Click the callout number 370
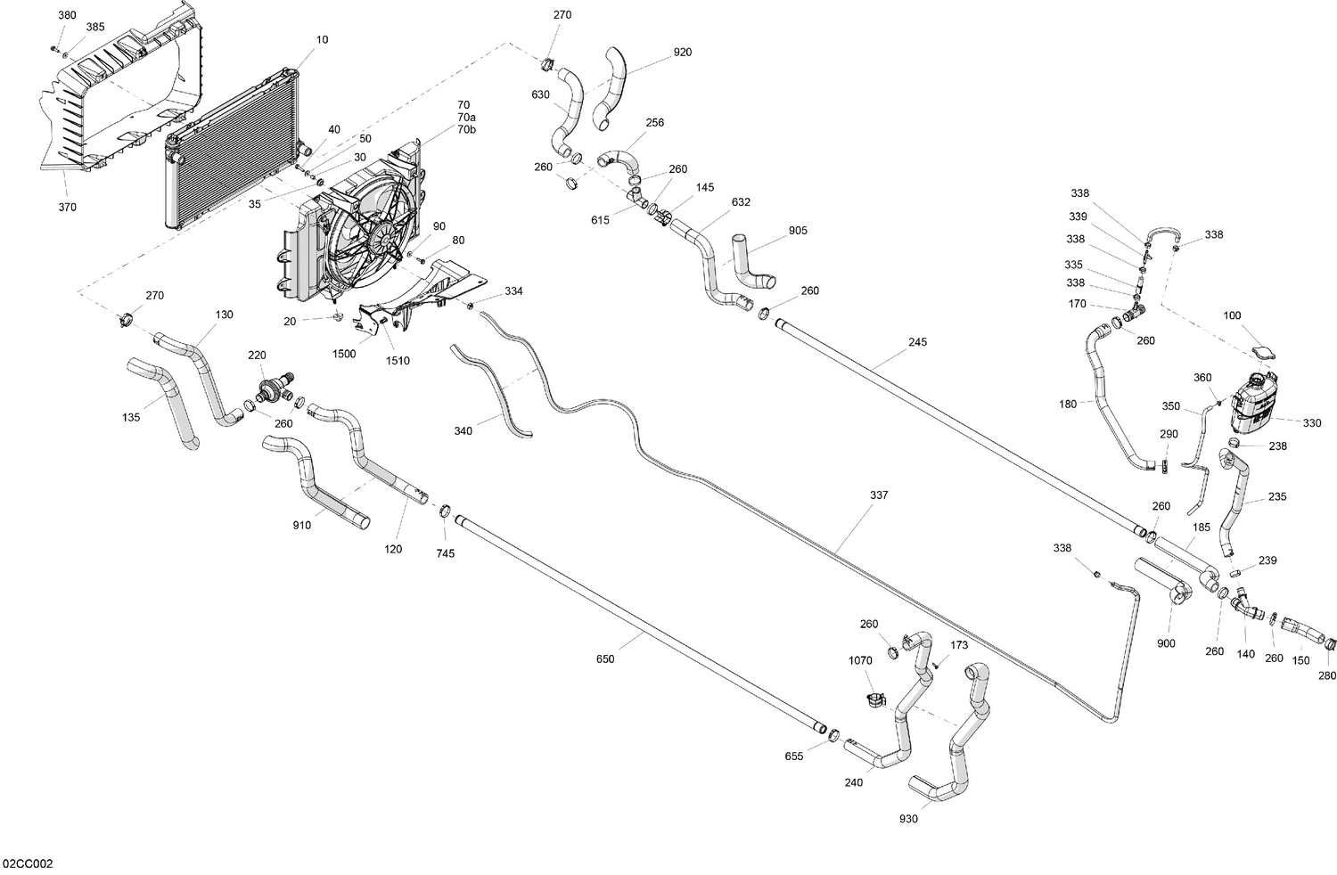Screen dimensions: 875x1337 point(67,207)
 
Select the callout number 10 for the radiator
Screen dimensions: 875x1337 point(322,39)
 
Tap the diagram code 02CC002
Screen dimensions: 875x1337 point(28,863)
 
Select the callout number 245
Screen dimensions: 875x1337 point(917,342)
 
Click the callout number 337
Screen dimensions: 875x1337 point(879,495)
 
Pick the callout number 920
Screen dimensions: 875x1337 point(682,52)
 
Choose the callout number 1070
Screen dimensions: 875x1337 point(860,661)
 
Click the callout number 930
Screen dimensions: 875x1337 point(908,818)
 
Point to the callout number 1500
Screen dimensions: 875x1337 point(344,354)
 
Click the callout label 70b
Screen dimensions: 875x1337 point(466,130)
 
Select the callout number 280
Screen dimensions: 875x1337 point(1326,675)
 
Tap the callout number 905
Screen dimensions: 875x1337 point(798,231)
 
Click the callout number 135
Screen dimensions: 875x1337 point(131,416)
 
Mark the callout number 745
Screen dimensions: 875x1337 point(445,553)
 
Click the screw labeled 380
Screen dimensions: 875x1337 point(53,46)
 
